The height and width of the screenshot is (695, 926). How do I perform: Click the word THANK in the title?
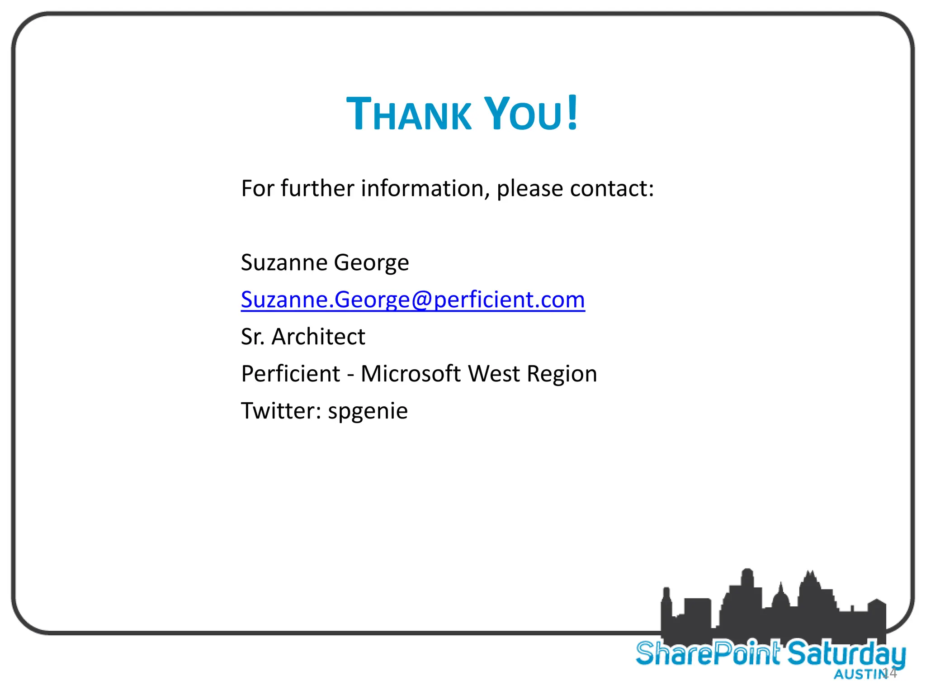(409, 114)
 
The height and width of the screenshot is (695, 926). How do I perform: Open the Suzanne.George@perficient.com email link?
(413, 300)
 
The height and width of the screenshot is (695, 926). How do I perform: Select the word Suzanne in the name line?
(284, 263)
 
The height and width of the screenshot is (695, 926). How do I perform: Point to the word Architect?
(318, 337)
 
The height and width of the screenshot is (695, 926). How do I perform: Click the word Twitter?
(281, 411)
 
